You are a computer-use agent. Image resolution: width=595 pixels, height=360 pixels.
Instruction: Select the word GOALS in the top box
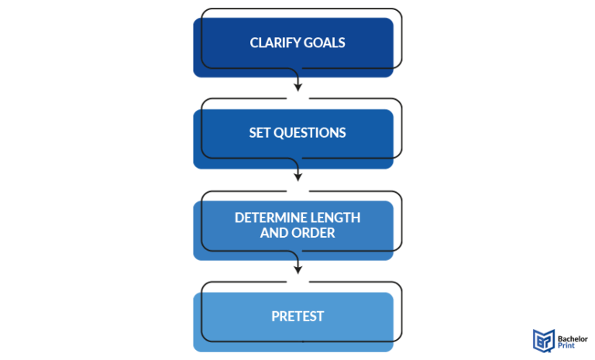coord(325,43)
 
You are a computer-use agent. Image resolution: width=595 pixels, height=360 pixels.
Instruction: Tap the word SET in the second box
coord(260,133)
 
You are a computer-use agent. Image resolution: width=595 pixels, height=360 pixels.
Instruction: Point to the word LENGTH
coord(333,218)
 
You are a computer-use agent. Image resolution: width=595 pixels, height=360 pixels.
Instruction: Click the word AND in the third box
coord(274,232)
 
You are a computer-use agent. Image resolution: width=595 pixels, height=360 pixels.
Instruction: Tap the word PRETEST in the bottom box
coord(297,316)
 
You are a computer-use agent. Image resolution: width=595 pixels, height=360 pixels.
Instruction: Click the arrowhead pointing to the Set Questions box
coord(297,87)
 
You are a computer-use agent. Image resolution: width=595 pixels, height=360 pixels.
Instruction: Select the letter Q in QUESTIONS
coord(277,133)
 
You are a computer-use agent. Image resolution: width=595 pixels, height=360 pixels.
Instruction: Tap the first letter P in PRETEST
coord(275,316)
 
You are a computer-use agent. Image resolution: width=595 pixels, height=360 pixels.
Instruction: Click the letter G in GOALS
coord(308,43)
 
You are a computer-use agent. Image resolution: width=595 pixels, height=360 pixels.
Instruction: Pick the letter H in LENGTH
coord(356,218)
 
